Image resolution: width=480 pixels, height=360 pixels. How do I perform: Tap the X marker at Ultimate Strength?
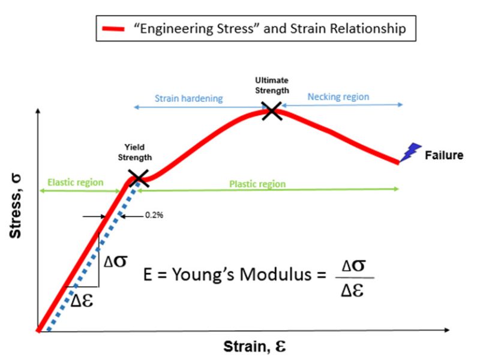click(272, 110)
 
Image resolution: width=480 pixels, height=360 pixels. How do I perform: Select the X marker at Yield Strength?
click(138, 176)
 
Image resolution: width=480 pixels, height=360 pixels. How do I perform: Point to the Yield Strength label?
click(138, 152)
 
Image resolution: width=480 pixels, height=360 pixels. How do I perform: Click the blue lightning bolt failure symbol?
click(413, 153)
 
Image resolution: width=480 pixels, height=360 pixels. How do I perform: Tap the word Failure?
click(444, 155)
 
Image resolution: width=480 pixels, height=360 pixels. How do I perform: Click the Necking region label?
click(338, 97)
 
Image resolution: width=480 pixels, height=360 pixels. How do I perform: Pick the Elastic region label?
click(75, 182)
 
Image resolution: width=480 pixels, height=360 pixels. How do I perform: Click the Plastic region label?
click(257, 184)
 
